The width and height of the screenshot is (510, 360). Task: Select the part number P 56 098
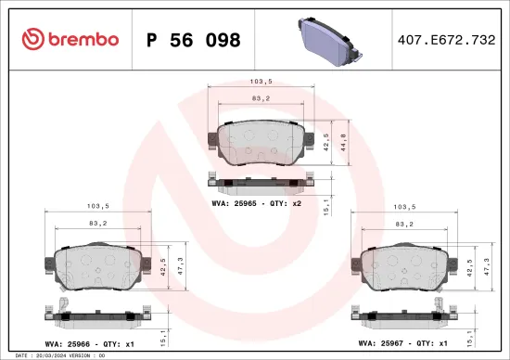pyautogui.click(x=194, y=40)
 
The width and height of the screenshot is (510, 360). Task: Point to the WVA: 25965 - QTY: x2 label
pyautogui.click(x=256, y=202)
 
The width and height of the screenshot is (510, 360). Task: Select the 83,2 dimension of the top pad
pyautogui.click(x=261, y=97)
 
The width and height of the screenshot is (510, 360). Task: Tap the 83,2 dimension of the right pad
pyautogui.click(x=403, y=224)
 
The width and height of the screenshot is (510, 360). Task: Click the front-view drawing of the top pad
pyautogui.click(x=260, y=144)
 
